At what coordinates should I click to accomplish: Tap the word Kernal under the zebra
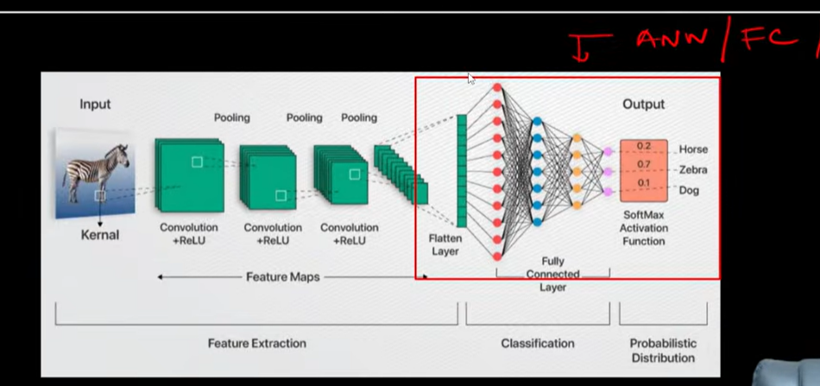(100, 235)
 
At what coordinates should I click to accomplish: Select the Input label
(95, 104)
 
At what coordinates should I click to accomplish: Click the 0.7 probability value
(644, 165)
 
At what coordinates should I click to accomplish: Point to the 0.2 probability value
(644, 146)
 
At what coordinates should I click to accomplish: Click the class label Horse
(693, 149)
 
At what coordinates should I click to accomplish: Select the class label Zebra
(693, 170)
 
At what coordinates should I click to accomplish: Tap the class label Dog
(689, 190)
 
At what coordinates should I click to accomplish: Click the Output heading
(643, 104)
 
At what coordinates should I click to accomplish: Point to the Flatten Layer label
(445, 244)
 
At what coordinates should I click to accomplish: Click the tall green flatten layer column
(461, 171)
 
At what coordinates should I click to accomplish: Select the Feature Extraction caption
(256, 344)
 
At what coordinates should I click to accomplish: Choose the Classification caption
(538, 344)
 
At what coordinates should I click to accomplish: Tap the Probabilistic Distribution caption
(663, 351)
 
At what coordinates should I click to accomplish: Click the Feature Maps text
(283, 277)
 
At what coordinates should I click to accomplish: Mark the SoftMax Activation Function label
(644, 228)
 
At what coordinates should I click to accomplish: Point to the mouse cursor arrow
(471, 79)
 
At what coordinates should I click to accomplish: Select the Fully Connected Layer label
(552, 274)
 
